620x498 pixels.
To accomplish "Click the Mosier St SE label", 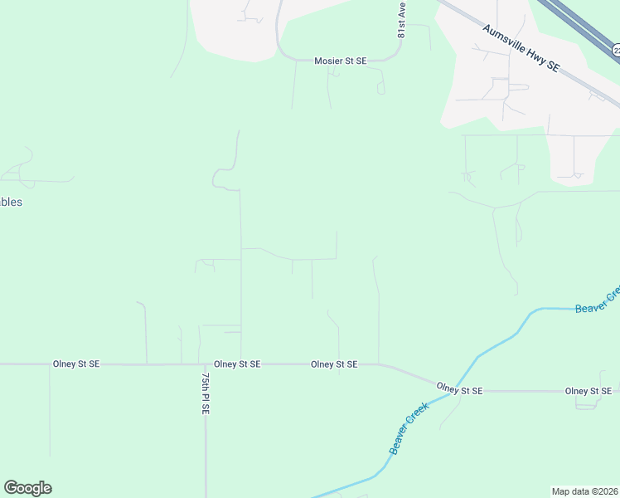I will coord(340,61).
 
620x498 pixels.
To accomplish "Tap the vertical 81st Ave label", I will coord(401,19).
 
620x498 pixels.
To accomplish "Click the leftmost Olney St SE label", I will coord(76,364).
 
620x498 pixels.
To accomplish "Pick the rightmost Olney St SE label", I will coord(588,391).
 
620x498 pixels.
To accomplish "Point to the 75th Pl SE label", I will coord(206,393).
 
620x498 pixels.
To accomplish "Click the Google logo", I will coord(27,488).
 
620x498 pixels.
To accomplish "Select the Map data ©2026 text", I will coord(585,491).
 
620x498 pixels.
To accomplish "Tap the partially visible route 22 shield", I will coord(616,51).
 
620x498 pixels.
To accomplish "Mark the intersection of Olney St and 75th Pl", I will coord(205,364).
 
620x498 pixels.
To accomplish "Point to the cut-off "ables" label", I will coord(11,202).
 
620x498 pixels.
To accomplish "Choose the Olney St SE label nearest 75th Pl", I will coord(237,364).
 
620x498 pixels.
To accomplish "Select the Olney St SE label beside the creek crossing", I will coord(459,388).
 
